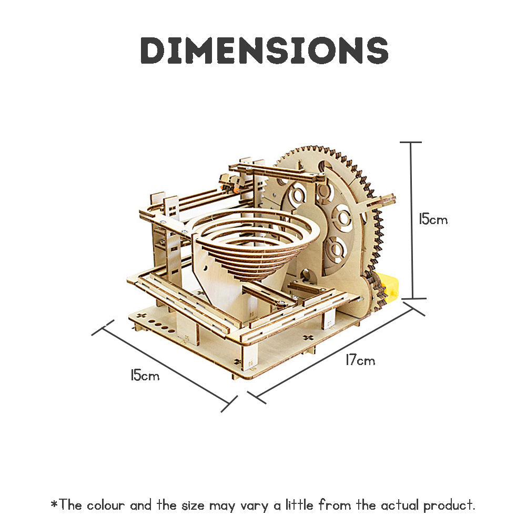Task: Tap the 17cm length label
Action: click(x=360, y=361)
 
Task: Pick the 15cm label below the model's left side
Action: click(x=145, y=376)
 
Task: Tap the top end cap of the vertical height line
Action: click(x=411, y=142)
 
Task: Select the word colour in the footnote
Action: click(x=106, y=505)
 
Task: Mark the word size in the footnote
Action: click(x=192, y=505)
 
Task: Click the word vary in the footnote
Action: click(x=251, y=505)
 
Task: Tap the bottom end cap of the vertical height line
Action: click(x=411, y=299)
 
